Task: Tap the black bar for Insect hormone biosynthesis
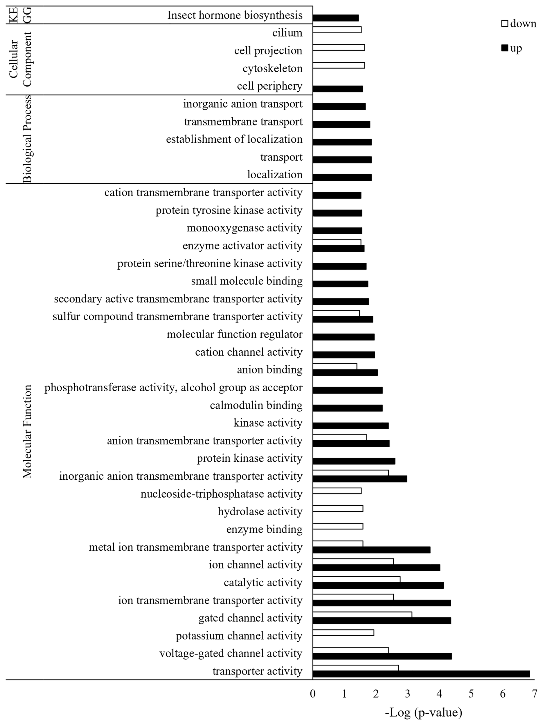[x=336, y=18]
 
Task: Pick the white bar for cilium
[x=337, y=30]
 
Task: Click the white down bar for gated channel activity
[x=362, y=615]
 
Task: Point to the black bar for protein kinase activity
[x=354, y=461]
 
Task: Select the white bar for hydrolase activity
[x=338, y=508]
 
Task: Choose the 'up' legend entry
[x=512, y=48]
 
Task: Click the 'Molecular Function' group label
[x=28, y=431]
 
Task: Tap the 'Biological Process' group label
[x=28, y=139]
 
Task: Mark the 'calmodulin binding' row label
[x=256, y=405]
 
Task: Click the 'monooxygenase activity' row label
[x=244, y=228]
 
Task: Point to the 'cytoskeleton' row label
[x=272, y=68]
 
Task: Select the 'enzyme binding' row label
[x=264, y=529]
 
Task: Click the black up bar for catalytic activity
[x=378, y=585]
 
